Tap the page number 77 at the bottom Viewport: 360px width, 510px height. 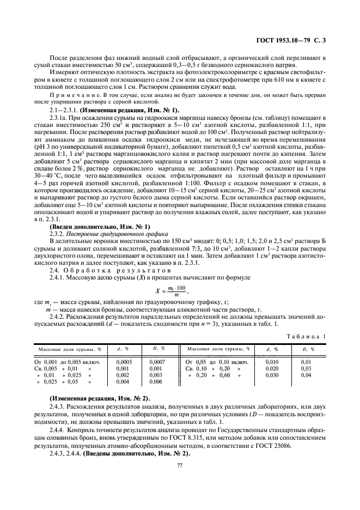[x=179, y=465]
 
